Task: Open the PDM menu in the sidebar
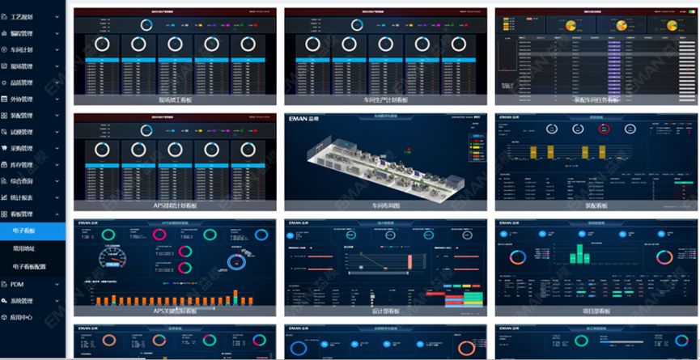click(x=17, y=285)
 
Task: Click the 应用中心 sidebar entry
click(x=22, y=318)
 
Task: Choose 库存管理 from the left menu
click(x=22, y=165)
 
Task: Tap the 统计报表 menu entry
click(x=22, y=197)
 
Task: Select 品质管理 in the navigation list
click(x=22, y=83)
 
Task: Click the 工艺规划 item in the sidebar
click(x=22, y=16)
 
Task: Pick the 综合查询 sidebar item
click(x=22, y=181)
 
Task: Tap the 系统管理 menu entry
click(x=22, y=301)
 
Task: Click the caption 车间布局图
click(x=385, y=205)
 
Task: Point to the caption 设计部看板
click(x=385, y=311)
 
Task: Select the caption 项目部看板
click(x=596, y=311)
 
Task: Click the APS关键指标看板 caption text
click(x=174, y=311)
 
